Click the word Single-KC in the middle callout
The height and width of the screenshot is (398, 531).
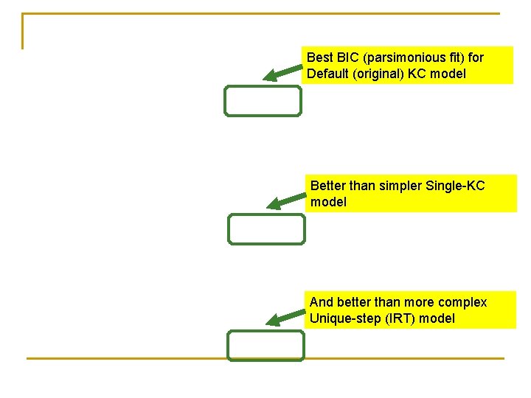(455, 186)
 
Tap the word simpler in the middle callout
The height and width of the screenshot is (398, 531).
(400, 186)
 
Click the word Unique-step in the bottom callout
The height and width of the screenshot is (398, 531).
(342, 318)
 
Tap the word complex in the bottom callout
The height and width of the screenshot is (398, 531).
(462, 302)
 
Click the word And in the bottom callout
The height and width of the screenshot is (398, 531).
(322, 302)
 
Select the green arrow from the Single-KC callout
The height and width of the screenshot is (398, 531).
(286, 200)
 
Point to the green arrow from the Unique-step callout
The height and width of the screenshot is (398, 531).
(285, 317)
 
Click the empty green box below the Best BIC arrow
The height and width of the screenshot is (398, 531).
(263, 101)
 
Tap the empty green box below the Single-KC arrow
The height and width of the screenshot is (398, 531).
(265, 229)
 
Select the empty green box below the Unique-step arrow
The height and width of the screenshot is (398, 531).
(265, 346)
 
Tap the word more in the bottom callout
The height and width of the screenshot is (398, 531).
(420, 302)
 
